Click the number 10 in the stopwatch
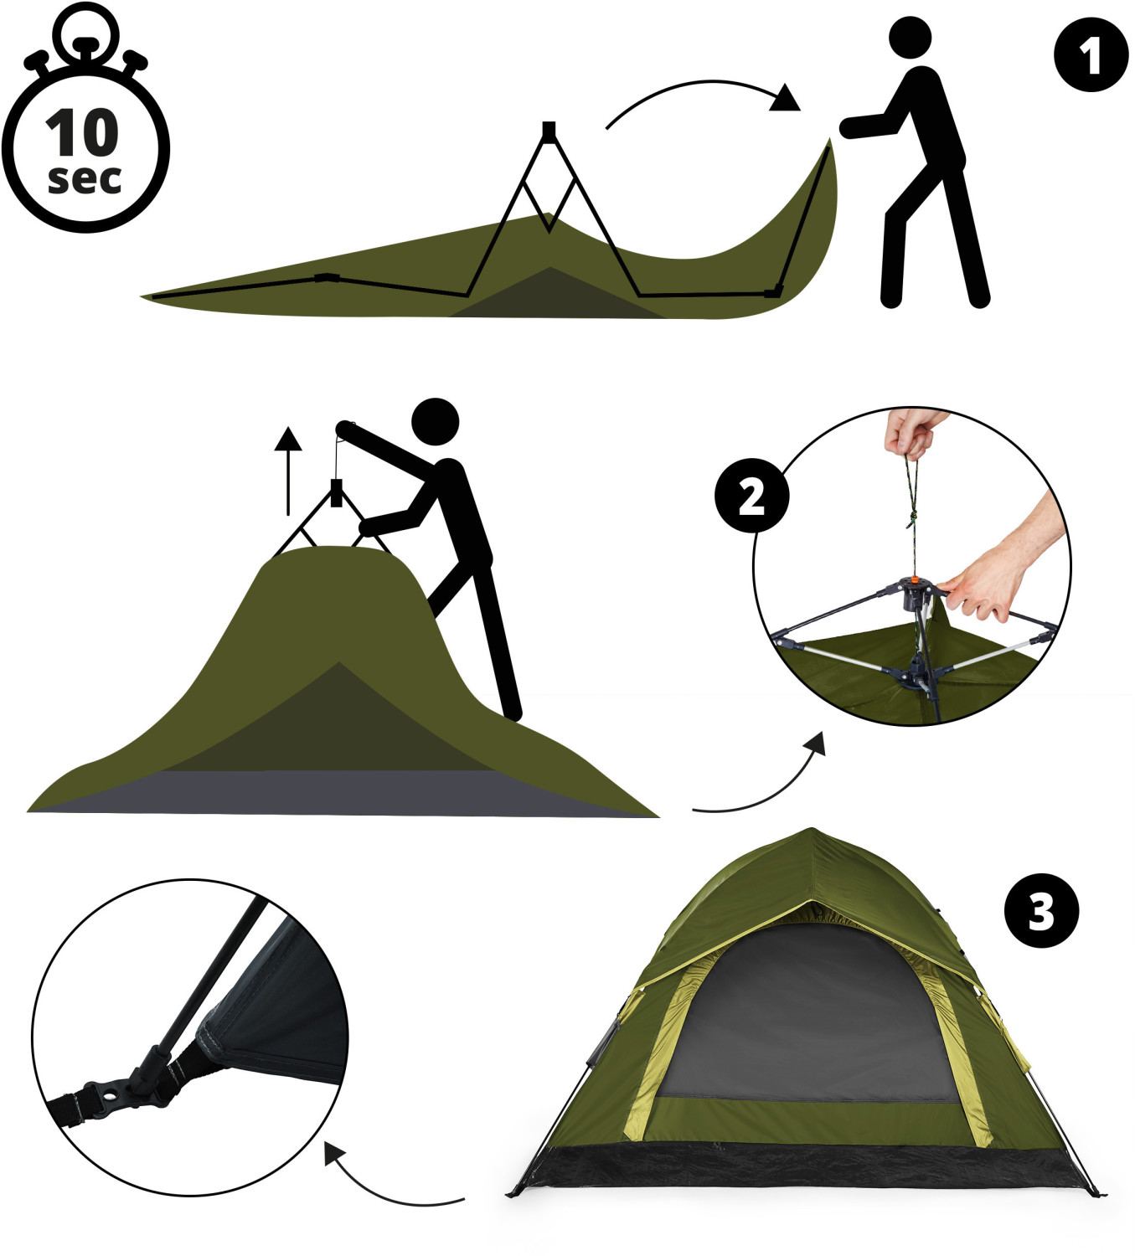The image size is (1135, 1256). tap(82, 132)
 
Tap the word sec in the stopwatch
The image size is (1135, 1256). tap(85, 179)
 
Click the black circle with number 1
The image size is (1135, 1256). tap(1091, 55)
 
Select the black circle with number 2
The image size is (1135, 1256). tap(751, 496)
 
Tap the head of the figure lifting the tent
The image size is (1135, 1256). tap(436, 421)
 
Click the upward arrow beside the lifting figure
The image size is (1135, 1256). tap(288, 471)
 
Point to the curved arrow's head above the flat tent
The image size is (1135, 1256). tap(786, 99)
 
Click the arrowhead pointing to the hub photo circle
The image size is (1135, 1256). tap(815, 743)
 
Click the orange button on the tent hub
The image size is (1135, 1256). tap(915, 582)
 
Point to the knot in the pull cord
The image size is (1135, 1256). tap(912, 519)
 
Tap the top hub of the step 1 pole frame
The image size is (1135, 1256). tap(549, 131)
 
